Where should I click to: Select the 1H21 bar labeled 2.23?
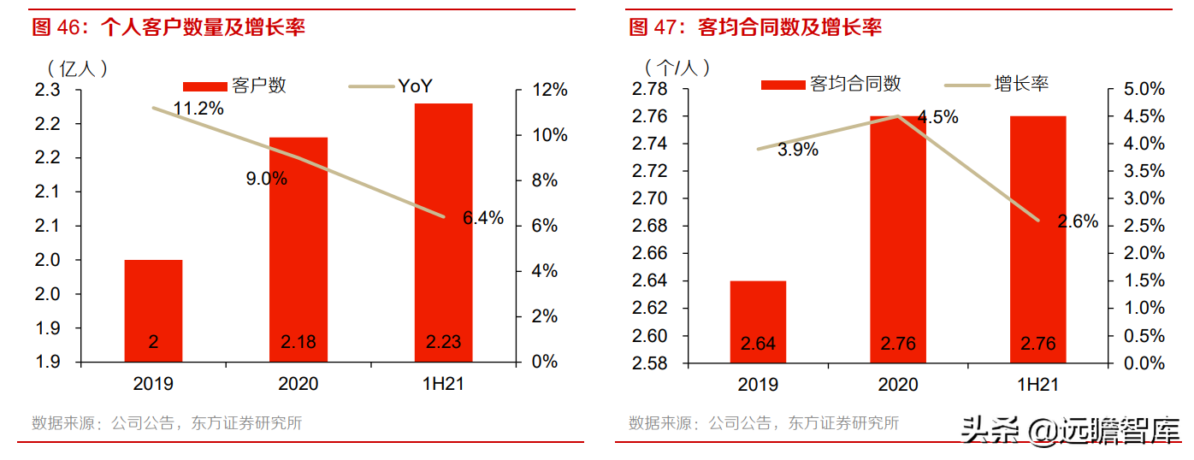tap(443, 231)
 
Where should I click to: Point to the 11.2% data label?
tap(198, 109)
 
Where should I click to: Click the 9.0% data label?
tap(266, 179)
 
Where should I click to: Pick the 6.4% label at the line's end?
tap(483, 218)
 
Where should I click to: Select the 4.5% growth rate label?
tap(937, 118)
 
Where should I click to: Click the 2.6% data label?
tap(1077, 221)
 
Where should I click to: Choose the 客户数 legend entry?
tap(235, 86)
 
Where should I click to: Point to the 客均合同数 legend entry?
tap(831, 84)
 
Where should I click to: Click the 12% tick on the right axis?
tap(549, 90)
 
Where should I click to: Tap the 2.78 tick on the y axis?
tap(649, 89)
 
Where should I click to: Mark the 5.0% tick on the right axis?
tap(1144, 89)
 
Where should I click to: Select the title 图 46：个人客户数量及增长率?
tap(168, 27)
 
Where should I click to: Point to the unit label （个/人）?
tap(677, 66)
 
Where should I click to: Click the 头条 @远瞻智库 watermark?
tap(1069, 430)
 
